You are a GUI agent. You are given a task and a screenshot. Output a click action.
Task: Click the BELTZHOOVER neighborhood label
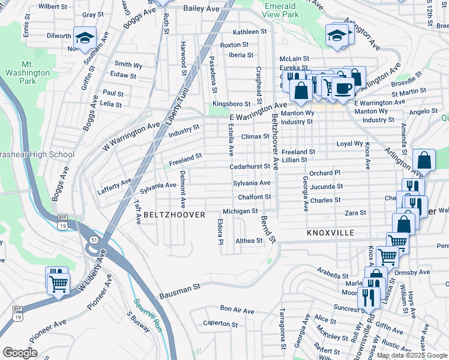173,214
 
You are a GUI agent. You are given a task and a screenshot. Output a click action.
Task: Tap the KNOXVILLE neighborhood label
330,232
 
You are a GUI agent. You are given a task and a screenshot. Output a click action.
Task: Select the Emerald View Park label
280,10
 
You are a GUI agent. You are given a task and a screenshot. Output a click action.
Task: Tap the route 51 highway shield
93,239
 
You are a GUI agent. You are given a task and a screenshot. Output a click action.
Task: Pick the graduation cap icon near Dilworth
84,38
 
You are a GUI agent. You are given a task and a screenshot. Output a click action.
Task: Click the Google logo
20,352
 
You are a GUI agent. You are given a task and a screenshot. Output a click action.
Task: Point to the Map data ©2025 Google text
411,355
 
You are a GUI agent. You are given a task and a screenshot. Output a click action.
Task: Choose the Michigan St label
240,211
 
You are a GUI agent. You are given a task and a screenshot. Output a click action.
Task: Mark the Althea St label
249,241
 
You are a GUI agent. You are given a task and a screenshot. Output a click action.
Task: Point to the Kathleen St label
250,32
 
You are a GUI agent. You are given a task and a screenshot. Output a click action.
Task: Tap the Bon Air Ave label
237,310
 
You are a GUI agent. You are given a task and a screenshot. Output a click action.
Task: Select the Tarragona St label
282,329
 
